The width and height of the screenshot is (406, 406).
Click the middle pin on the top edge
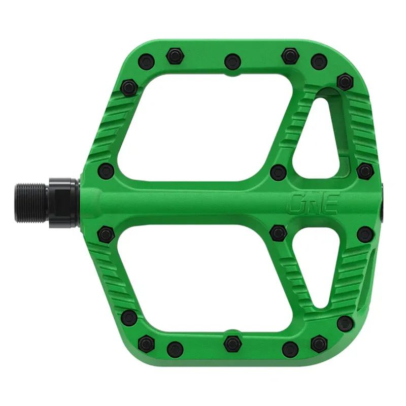tap(232, 61)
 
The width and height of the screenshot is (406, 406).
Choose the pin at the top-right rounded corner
tap(345, 81)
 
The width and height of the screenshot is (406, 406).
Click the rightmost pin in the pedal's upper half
tap(364, 171)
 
